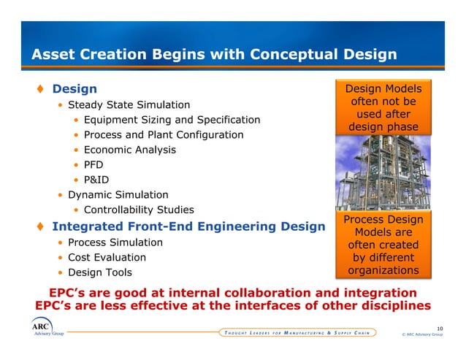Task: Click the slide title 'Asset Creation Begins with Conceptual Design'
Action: pos(213,55)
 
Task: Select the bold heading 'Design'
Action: pos(75,89)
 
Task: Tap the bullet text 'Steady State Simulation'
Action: pos(129,105)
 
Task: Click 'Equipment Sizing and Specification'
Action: pos(172,120)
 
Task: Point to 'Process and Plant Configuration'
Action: pos(164,135)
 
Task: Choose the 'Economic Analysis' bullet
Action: pos(129,150)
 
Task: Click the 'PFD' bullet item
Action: pos(93,165)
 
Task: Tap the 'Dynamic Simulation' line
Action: pos(118,195)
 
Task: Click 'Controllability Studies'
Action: pos(139,210)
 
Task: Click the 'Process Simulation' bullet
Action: pos(115,242)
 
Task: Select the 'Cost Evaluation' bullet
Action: pos(107,258)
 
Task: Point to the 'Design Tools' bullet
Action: pos(100,272)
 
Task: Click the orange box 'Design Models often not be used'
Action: pos(383,107)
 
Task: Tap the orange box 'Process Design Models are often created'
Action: pos(383,245)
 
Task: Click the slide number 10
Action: pos(439,329)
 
